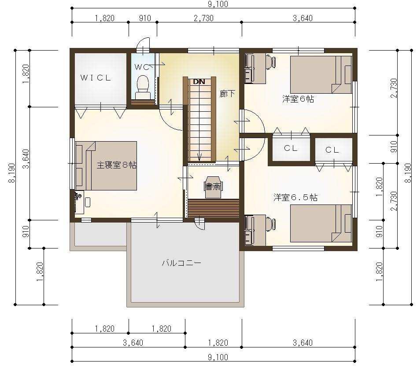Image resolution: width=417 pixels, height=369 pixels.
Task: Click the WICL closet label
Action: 96,78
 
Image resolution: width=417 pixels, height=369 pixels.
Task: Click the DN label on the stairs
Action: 199,81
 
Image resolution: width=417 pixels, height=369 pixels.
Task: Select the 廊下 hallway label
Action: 227,94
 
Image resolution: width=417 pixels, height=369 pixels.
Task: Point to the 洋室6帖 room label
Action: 298,99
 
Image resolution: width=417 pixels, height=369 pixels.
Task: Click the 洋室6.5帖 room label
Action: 295,197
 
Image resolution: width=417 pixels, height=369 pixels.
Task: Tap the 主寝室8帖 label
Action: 116,165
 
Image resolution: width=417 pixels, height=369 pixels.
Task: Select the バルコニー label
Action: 181,263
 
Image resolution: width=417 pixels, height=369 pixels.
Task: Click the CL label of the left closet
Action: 291,149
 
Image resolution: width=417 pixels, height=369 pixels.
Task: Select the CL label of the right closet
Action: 332,150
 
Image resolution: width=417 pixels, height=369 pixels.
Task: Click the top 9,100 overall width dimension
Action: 213,4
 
